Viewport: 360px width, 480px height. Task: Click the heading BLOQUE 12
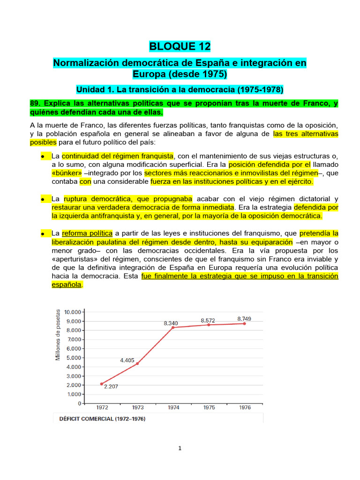[x=180, y=46]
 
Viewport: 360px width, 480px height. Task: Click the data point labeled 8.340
[x=173, y=327]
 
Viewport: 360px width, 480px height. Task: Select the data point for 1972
[x=101, y=383]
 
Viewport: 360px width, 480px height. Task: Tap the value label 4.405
[x=127, y=360]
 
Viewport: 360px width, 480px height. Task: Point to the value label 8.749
[x=244, y=319]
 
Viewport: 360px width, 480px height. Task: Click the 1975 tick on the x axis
[x=209, y=408]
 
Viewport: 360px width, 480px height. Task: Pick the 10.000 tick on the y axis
[x=73, y=312]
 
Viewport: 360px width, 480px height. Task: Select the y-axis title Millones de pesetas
[x=58, y=335]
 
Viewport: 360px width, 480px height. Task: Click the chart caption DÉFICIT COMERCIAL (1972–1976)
[x=102, y=419]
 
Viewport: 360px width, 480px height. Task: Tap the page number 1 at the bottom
[x=180, y=448]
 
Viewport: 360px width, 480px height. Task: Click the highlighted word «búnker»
[x=67, y=173]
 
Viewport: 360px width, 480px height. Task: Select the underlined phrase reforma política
[x=87, y=233]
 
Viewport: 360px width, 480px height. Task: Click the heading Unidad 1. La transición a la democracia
[x=180, y=89]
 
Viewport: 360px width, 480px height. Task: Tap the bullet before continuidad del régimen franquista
[x=42, y=156]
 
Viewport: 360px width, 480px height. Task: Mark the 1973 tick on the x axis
[x=137, y=408]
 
